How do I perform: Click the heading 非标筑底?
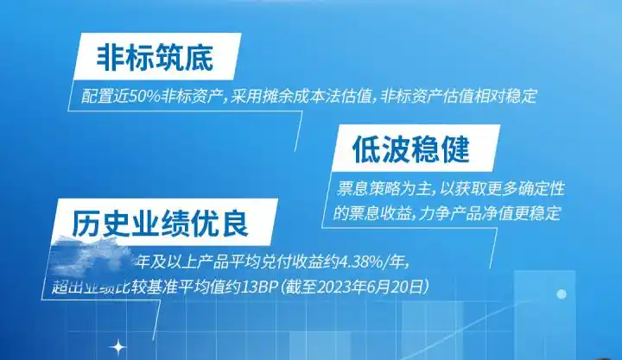[154, 57]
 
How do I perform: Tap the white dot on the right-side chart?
[562, 294]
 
